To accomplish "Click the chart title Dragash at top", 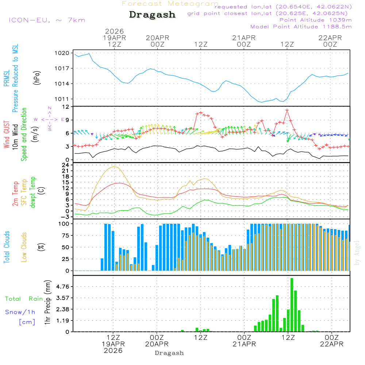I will pos(152,15).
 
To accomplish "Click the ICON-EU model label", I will pos(47,20).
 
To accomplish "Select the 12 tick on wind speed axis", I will pos(66,107).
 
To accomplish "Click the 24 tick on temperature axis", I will pos(66,165).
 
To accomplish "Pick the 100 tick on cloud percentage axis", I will pos(64,223).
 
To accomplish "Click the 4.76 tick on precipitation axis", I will pos(62,287).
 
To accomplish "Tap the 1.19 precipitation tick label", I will pos(62,320).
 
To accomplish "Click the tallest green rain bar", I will pos(292,305).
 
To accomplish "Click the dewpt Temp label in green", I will pos(33,192).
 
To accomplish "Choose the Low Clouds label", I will pos(24,247).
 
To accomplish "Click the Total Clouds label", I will pos(7,247).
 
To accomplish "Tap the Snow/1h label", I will pos(20,312).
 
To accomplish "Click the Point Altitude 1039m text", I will pos(315,20).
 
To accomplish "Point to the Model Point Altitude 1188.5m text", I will pos(301,26).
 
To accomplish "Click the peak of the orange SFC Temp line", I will pos(115,167).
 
